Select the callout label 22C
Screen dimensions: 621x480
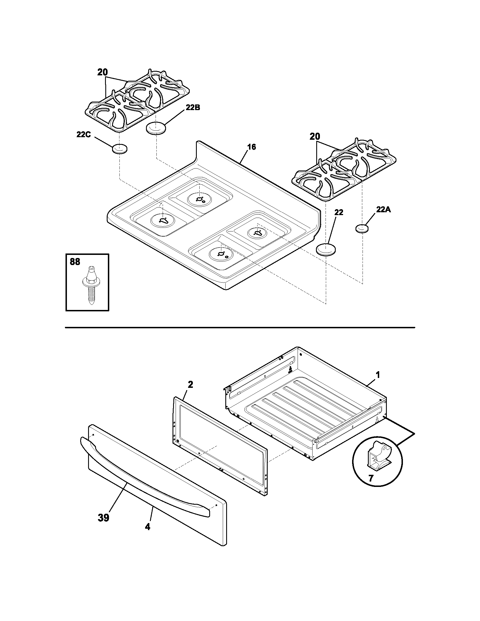coord(83,135)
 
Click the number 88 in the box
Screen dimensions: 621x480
coord(75,262)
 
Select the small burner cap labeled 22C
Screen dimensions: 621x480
coord(119,149)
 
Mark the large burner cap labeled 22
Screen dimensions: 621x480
coord(326,249)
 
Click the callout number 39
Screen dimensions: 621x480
coord(104,518)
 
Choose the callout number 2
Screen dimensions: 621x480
coord(190,384)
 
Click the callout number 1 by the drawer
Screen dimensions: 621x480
coord(378,375)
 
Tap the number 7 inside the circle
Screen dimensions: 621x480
coord(370,478)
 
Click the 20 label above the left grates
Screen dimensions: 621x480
coord(103,73)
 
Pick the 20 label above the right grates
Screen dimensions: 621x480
coord(315,137)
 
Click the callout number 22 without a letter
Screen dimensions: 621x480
coord(339,212)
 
